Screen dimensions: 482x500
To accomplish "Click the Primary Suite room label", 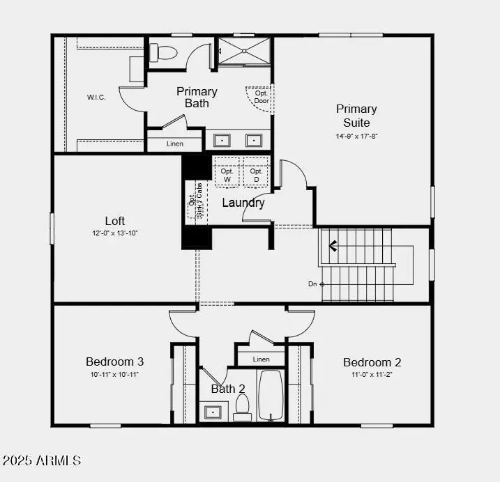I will pyautogui.click(x=356, y=116).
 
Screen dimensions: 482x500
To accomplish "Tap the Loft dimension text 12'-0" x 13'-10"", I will pyautogui.click(x=114, y=233).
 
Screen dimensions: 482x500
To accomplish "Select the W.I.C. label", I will pyautogui.click(x=96, y=97).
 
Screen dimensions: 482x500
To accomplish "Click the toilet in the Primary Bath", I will pyautogui.click(x=165, y=52).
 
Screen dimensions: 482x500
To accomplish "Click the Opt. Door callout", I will pyautogui.click(x=262, y=97).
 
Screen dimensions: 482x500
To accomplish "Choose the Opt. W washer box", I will pyautogui.click(x=227, y=175).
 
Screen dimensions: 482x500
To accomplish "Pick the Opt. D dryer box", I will pyautogui.click(x=256, y=175).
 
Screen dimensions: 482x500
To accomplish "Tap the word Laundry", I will pyautogui.click(x=243, y=203).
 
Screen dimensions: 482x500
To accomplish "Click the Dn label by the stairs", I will pyautogui.click(x=313, y=283).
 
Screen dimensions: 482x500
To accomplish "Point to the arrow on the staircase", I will pyautogui.click(x=333, y=245).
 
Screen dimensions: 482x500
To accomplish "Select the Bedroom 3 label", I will pyautogui.click(x=115, y=361).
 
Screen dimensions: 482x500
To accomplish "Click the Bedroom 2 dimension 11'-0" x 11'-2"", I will pyautogui.click(x=372, y=374).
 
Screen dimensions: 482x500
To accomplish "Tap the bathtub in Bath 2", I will pyautogui.click(x=271, y=395).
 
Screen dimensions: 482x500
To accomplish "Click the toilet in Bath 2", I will pyautogui.click(x=242, y=406).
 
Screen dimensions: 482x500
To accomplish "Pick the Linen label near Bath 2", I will pyautogui.click(x=261, y=359).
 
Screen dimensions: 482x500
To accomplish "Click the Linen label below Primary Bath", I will pyautogui.click(x=174, y=144).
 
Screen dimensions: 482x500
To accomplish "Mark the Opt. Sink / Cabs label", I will pyautogui.click(x=195, y=201).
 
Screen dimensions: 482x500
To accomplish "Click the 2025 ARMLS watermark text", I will pyautogui.click(x=42, y=460).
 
